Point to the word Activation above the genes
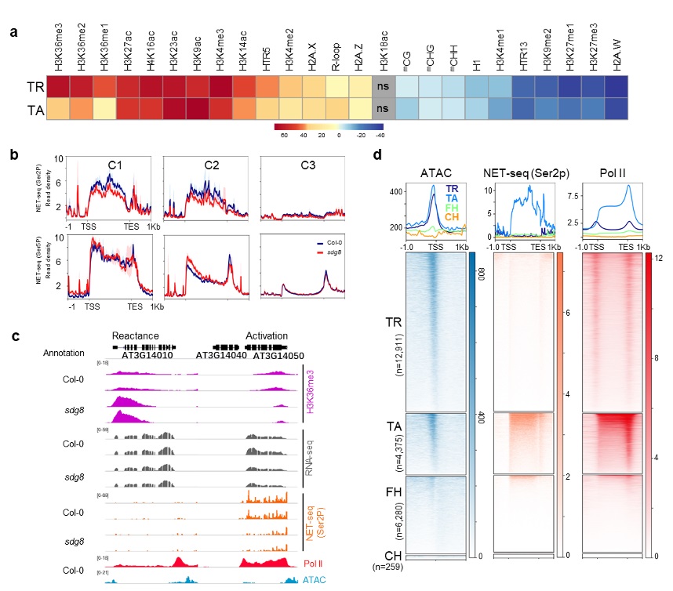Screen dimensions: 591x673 [x=267, y=334]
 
